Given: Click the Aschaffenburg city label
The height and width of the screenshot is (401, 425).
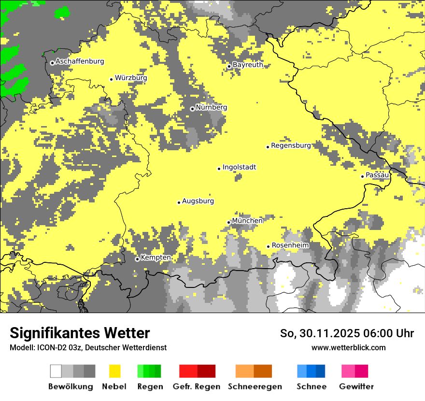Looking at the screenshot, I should [x=80, y=61].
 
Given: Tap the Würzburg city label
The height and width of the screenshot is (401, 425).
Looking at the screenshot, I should [x=131, y=78].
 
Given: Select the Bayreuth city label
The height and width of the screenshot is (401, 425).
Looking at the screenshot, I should [x=248, y=65].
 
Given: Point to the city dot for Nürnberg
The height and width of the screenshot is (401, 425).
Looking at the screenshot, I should [x=192, y=109].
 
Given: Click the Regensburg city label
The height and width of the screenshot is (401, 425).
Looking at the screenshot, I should [x=291, y=145].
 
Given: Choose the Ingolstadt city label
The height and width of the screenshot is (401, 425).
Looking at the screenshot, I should [x=239, y=167].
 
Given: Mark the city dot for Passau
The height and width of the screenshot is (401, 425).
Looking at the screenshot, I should [x=362, y=176].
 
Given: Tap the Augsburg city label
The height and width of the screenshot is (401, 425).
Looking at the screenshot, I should [x=198, y=201].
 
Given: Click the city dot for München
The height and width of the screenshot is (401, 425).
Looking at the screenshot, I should [x=229, y=222].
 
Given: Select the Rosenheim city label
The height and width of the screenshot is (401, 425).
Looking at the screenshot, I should [x=290, y=245].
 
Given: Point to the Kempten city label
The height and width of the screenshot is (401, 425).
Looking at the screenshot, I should [x=156, y=258].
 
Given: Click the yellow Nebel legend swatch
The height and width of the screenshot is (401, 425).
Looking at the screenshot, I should [x=115, y=371].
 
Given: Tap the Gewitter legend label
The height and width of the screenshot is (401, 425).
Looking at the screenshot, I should [x=356, y=387].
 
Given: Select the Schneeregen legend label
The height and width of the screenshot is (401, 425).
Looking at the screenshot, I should [x=255, y=387].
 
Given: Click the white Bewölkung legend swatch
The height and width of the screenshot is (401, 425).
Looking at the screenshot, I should [x=56, y=371].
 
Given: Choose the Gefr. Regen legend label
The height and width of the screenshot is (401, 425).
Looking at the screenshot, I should [x=196, y=387].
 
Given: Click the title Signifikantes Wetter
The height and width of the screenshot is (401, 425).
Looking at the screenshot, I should [x=80, y=333].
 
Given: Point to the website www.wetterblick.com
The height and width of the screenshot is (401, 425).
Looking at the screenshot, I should [x=348, y=347].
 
